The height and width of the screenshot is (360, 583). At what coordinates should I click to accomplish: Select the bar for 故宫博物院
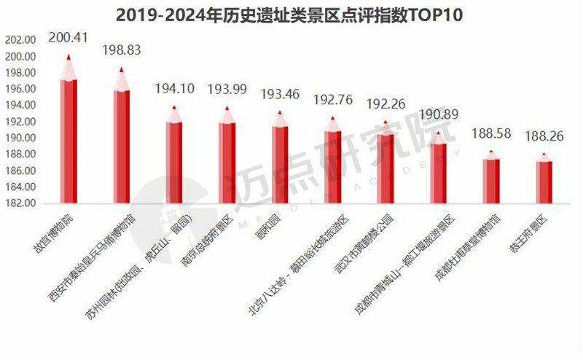[x=69, y=138]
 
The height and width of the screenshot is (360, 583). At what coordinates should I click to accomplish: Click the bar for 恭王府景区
[x=544, y=182]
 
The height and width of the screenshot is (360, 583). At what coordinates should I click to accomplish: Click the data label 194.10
[x=174, y=89]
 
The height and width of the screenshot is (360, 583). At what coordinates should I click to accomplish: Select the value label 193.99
[x=227, y=89]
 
